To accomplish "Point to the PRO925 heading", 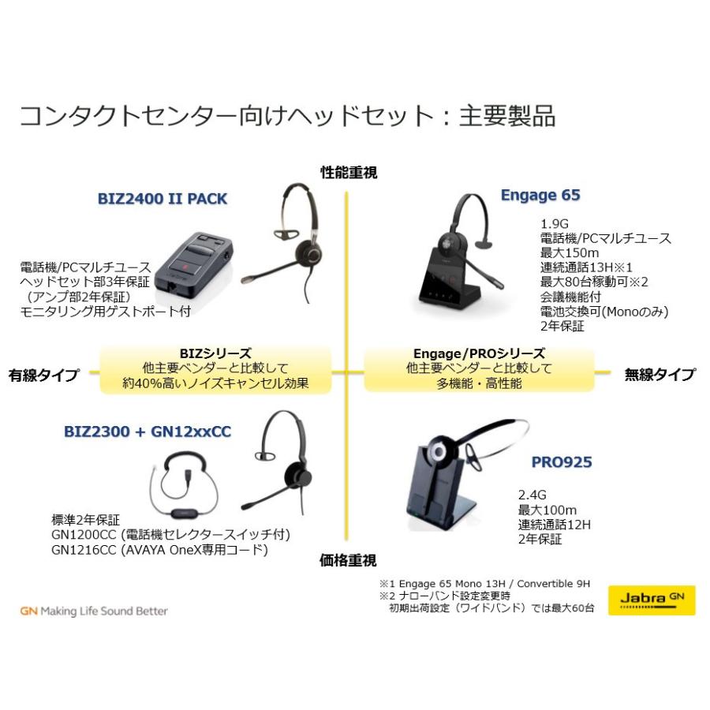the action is (561, 461).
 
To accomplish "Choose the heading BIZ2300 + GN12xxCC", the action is (148, 432).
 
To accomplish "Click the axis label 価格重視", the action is (348, 560).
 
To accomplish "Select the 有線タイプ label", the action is (44, 376).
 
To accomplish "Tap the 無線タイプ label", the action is (660, 374).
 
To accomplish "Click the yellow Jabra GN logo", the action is (652, 600).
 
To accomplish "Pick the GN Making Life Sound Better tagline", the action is (95, 611).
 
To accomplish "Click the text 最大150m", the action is (566, 252).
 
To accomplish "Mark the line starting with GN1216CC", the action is (159, 550).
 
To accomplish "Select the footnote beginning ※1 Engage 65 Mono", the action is (484, 584).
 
